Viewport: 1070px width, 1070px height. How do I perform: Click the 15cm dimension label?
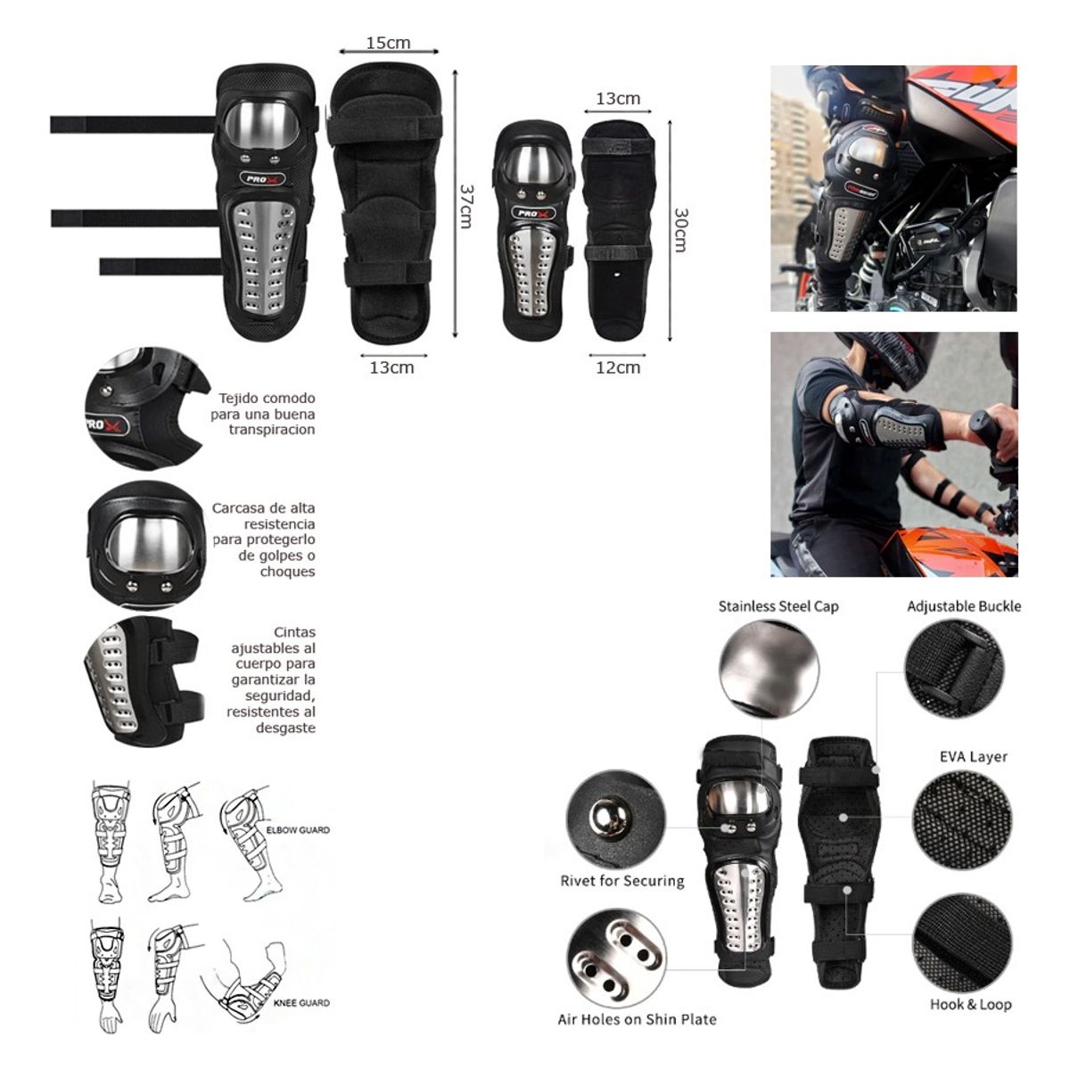[388, 43]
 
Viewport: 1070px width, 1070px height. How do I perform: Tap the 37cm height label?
[465, 206]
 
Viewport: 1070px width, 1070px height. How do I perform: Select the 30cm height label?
[680, 230]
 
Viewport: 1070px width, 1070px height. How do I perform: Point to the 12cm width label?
[618, 367]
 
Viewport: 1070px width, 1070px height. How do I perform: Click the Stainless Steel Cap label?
[778, 606]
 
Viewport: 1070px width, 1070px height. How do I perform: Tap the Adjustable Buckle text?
[964, 606]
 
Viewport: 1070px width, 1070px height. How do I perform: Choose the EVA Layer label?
[974, 757]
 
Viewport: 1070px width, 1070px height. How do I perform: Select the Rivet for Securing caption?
[622, 881]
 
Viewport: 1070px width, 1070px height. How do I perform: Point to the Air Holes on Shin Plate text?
[637, 1019]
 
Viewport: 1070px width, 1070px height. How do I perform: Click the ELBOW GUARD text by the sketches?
[298, 830]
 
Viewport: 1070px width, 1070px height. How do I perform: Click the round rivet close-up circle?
[616, 819]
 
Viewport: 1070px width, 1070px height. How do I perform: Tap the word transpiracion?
[272, 429]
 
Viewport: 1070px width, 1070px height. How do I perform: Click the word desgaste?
[285, 728]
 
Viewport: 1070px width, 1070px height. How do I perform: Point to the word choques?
[288, 572]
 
